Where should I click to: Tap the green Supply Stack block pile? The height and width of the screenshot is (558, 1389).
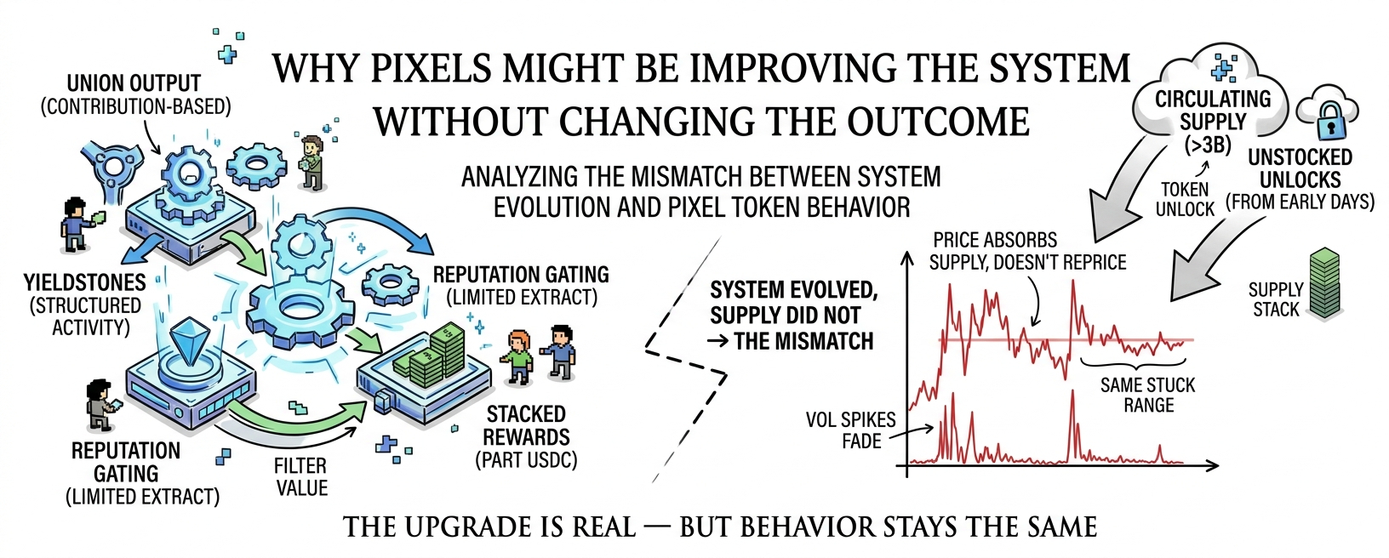1324,282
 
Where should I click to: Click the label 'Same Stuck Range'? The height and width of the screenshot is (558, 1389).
1148,395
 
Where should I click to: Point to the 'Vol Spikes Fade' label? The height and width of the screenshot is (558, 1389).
851,430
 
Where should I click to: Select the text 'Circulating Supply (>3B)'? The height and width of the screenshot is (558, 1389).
1212,122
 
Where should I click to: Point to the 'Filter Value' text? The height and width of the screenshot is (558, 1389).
301,477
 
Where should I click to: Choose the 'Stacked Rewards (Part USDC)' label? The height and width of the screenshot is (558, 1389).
526,437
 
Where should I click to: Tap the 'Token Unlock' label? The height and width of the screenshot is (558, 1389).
1185,199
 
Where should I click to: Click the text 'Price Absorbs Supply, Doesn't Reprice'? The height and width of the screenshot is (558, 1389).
1027,251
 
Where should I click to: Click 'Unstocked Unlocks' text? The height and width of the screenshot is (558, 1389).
1300,168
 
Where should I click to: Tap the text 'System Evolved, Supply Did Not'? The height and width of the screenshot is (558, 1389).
794,303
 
